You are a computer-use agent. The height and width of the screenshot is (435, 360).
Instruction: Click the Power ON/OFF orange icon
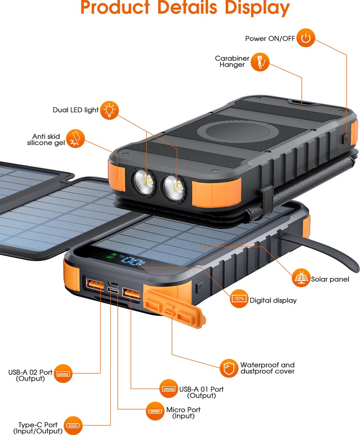pyautogui.click(x=306, y=38)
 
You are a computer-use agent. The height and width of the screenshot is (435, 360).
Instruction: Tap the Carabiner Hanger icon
pyautogui.click(x=260, y=62)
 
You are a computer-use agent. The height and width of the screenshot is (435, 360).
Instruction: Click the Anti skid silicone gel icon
pyautogui.click(x=75, y=138)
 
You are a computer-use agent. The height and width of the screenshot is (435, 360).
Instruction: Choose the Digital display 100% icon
pyautogui.click(x=238, y=299)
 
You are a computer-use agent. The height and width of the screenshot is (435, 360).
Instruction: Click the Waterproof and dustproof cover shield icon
pyautogui.click(x=229, y=368)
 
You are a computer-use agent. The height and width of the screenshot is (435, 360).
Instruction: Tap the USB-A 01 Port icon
pyautogui.click(x=169, y=389)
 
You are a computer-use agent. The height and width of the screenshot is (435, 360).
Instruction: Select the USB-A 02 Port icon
pyautogui.click(x=63, y=373)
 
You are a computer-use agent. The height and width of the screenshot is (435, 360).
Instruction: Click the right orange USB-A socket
pyautogui.click(x=131, y=293)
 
